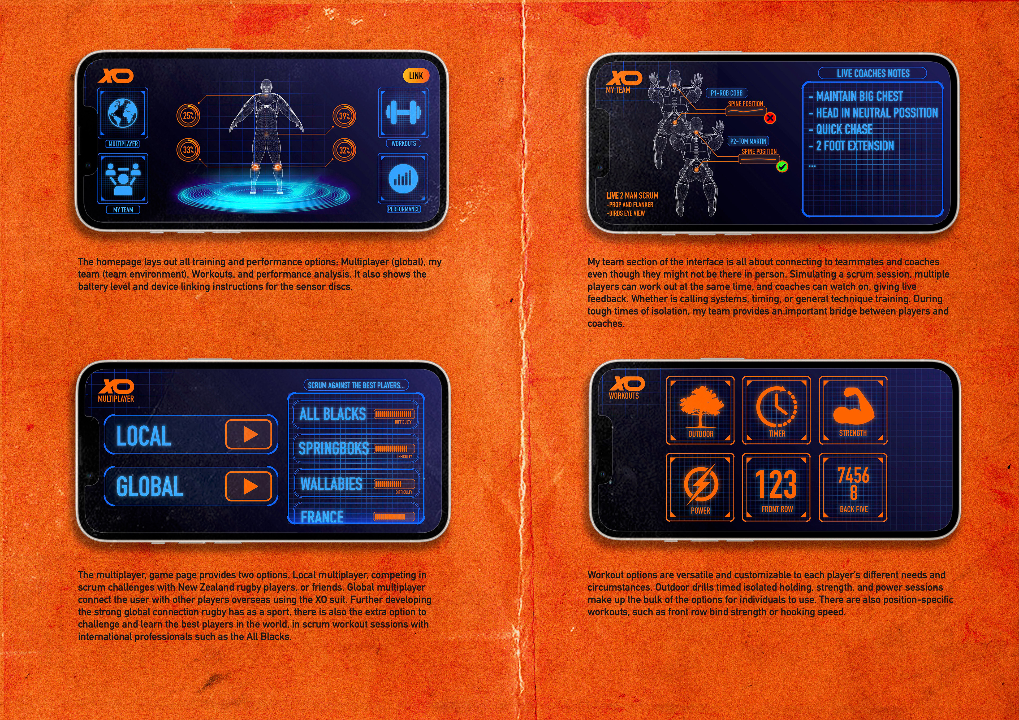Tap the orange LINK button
pyautogui.click(x=416, y=76)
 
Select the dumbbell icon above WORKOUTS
pyautogui.click(x=403, y=113)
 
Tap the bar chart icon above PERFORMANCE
pyautogui.click(x=403, y=178)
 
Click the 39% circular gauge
pyautogui.click(x=344, y=116)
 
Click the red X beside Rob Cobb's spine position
pyautogui.click(x=770, y=118)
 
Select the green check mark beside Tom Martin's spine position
pyautogui.click(x=782, y=167)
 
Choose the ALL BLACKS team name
pyautogui.click(x=333, y=414)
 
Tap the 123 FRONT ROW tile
pyautogui.click(x=776, y=487)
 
